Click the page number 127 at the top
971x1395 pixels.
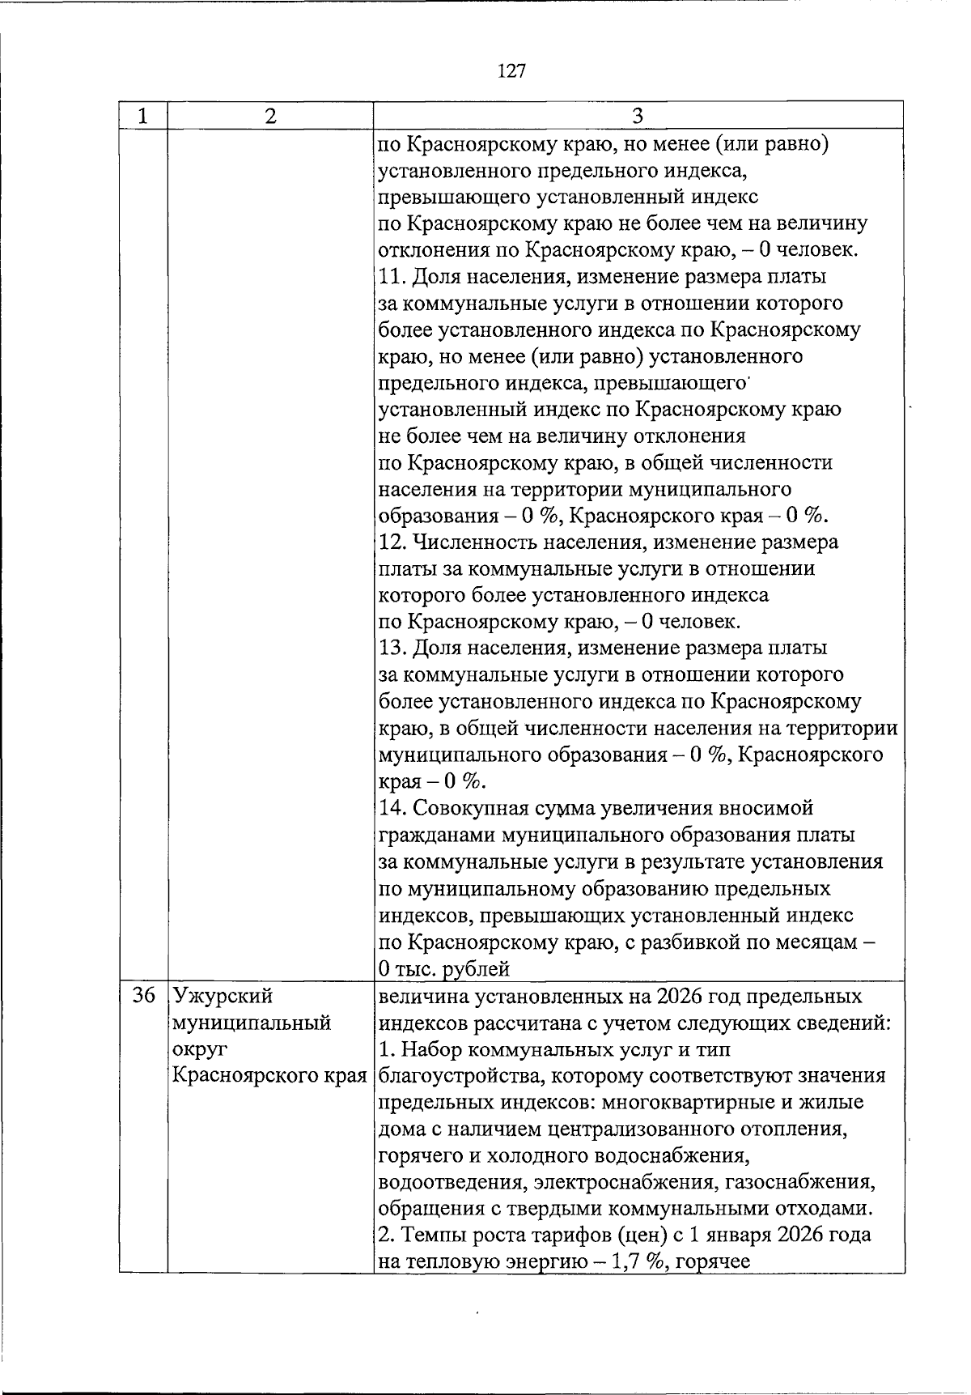(511, 71)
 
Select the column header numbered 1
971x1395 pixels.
(142, 116)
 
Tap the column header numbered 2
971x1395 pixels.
(270, 116)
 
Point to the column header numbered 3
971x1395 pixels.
(637, 116)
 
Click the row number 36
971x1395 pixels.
(142, 996)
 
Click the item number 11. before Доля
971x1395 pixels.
(393, 277)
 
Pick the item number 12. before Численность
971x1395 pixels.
(394, 542)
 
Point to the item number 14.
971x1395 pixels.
(394, 808)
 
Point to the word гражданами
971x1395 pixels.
(437, 835)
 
